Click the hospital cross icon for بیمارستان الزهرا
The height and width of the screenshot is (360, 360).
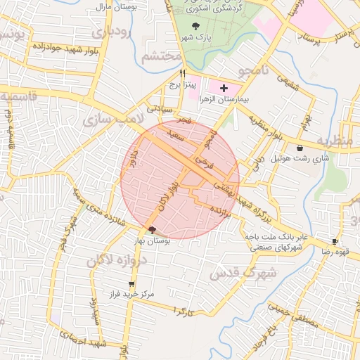click(224, 89)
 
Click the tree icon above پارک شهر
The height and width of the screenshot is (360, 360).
click(195, 26)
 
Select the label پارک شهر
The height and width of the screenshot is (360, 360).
click(199, 37)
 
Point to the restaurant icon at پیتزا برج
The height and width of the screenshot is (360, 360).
click(183, 72)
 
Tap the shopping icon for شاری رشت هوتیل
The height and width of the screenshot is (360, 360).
click(301, 148)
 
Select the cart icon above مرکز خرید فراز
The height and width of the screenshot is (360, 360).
click(131, 283)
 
